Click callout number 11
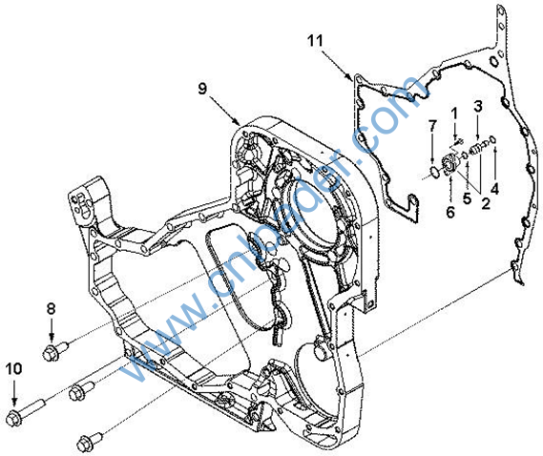(x=315, y=40)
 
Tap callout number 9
(x=202, y=89)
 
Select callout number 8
(x=52, y=308)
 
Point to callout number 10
(x=14, y=369)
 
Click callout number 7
(x=432, y=126)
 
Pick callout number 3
(x=478, y=106)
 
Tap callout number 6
(x=450, y=212)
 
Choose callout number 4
(x=495, y=189)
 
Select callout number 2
(x=486, y=203)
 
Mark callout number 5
(x=468, y=198)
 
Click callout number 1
(x=454, y=114)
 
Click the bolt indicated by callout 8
(x=55, y=351)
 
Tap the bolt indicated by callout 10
(x=25, y=412)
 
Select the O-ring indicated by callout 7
(x=434, y=171)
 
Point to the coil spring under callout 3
(x=475, y=149)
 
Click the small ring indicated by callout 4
(x=493, y=139)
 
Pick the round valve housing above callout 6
(x=450, y=164)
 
